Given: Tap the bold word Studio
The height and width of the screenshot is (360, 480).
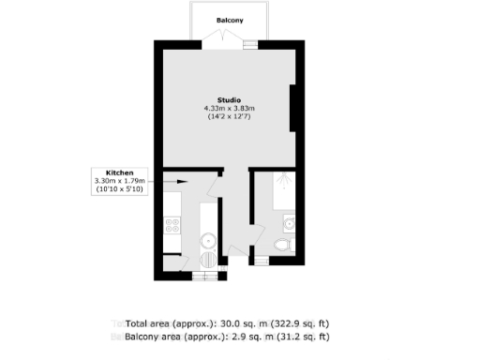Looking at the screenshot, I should coord(230,99).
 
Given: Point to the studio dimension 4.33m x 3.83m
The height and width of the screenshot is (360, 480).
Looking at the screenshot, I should coord(230,109).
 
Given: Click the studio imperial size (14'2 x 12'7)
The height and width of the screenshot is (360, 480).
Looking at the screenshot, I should coord(230,118).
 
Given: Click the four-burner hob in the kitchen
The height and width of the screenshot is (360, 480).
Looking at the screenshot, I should coord(172,225).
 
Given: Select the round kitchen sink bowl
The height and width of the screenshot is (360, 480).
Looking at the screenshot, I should coord(207,241).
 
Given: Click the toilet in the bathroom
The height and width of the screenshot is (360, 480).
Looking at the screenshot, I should coord(282,246).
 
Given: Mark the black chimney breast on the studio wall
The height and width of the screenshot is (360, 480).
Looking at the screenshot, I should coord(294,107).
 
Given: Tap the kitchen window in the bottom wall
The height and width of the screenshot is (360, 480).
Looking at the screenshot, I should coord(203,276).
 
